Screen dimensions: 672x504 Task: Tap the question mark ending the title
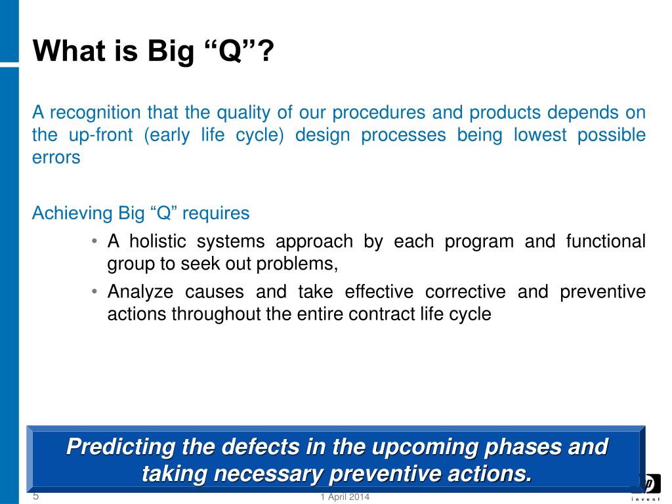point(266,51)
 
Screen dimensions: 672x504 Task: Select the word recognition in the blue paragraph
point(96,113)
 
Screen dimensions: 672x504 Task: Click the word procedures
point(379,113)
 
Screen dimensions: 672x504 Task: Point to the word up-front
point(100,135)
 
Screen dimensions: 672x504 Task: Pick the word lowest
point(540,135)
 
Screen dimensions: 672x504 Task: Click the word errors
point(56,157)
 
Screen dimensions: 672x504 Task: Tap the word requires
point(216,213)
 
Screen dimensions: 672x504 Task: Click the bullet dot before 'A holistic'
point(94,241)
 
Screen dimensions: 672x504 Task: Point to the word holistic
point(157,241)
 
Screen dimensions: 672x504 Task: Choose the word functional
point(606,241)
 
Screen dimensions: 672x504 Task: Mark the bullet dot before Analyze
point(94,291)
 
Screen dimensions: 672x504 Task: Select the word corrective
point(465,291)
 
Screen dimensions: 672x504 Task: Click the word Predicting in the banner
point(121,447)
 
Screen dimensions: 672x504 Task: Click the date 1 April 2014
point(345,497)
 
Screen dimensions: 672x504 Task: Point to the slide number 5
point(36,496)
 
